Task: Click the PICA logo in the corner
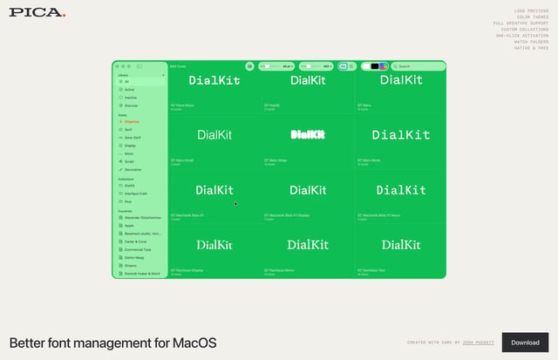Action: [36, 11]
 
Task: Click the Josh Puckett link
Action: [479, 343]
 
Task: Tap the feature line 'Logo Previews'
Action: [532, 10]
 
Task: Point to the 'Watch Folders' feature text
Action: [531, 41]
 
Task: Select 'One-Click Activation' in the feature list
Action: [523, 35]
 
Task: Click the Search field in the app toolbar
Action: [417, 66]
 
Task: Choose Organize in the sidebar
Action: [132, 121]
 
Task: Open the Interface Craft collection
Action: [137, 194]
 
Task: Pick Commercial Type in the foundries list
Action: [139, 249]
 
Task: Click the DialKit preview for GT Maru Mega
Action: [308, 134]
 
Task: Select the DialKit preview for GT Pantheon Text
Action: [400, 245]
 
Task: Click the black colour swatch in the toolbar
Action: [374, 66]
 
